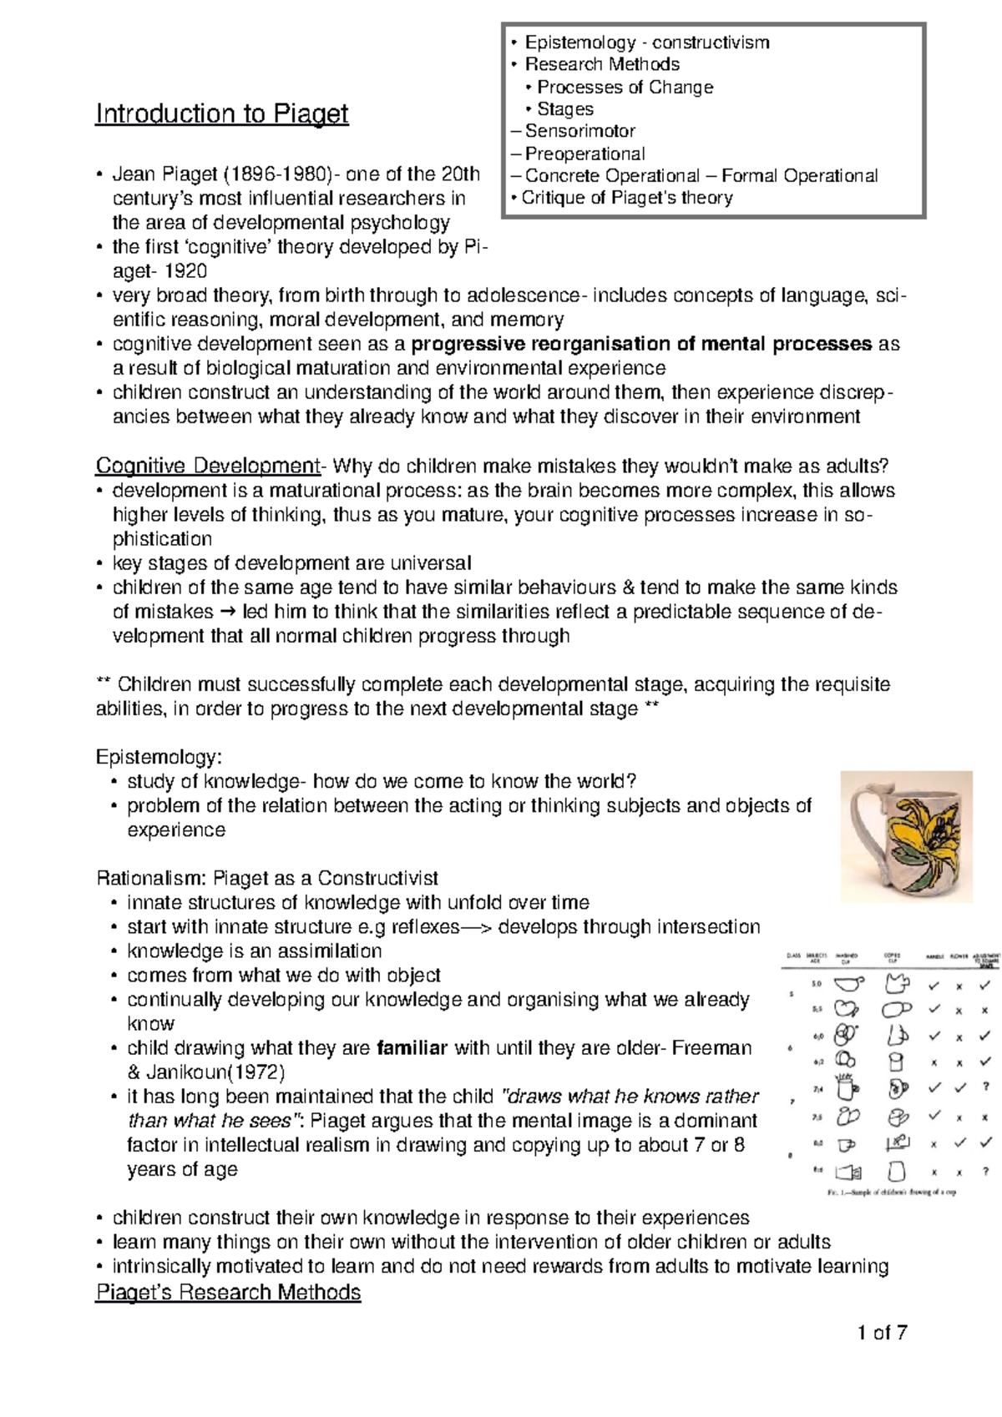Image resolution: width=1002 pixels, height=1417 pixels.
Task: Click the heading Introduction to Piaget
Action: tap(221, 113)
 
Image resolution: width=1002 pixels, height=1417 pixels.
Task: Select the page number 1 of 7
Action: tap(882, 1333)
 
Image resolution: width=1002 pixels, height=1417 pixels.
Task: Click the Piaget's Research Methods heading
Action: tap(228, 1293)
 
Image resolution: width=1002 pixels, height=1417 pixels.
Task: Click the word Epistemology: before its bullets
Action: tap(159, 757)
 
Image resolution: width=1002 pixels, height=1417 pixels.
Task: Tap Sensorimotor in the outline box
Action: tap(579, 131)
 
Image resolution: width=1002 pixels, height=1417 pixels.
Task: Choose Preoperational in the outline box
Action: tap(584, 154)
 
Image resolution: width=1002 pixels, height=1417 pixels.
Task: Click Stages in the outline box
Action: tap(564, 109)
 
